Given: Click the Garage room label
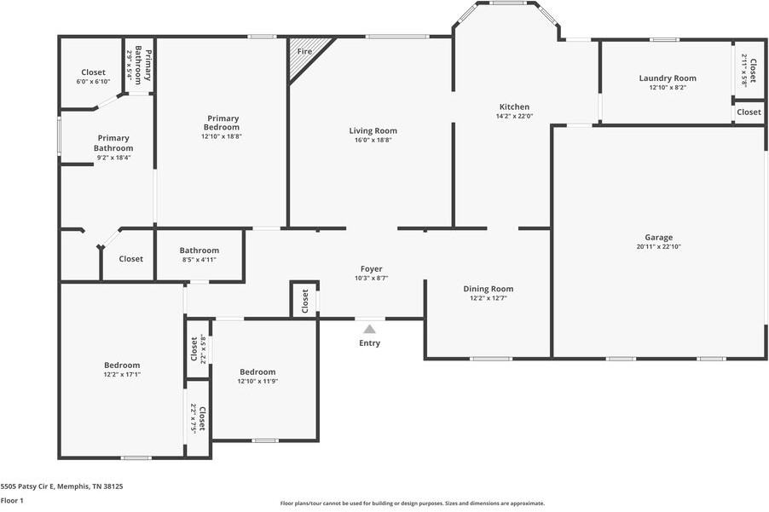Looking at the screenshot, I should point(658,238).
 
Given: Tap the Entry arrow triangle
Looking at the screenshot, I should point(369,328).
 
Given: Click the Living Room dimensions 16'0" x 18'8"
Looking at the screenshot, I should point(373,140).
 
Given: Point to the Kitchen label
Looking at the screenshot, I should point(514,107).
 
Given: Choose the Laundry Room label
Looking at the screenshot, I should point(668,78).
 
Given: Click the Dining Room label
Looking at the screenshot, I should point(488,289).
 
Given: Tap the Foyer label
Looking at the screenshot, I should point(371,269).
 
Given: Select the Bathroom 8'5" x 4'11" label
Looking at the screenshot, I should point(199,250).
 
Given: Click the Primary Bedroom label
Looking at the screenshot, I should point(222,123).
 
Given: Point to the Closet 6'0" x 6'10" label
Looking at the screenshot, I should point(93,72).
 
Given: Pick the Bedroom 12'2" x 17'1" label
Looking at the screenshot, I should point(122,365).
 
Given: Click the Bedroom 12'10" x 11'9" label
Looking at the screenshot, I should point(257,371).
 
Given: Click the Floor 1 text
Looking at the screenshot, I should point(12,501).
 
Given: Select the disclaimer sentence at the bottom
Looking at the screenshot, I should point(413,503).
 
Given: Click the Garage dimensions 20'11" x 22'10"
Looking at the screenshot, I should point(658,247).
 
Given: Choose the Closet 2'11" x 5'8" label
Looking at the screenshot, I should point(748,71).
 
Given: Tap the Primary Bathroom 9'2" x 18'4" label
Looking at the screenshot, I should point(113,143).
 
